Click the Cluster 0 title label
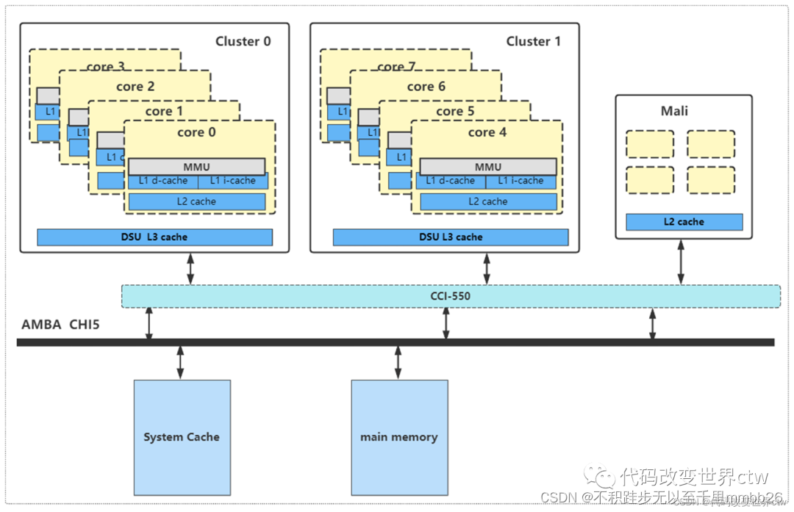click(x=243, y=41)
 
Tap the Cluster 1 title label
click(x=533, y=41)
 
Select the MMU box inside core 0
click(x=196, y=167)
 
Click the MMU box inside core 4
click(x=487, y=167)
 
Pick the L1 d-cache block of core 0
click(x=163, y=181)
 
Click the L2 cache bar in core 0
click(x=196, y=201)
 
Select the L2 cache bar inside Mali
click(x=684, y=222)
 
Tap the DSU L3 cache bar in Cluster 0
click(x=154, y=237)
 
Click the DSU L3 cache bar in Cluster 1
click(x=450, y=237)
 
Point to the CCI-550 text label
click(x=450, y=297)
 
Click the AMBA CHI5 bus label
click(x=60, y=324)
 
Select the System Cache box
click(x=182, y=436)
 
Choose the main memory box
click(x=399, y=436)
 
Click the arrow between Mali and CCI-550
click(x=681, y=262)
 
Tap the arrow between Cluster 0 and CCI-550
click(x=190, y=268)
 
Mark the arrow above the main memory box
click(x=398, y=362)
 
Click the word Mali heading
click(x=674, y=112)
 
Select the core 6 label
click(x=426, y=87)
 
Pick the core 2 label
click(x=135, y=87)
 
